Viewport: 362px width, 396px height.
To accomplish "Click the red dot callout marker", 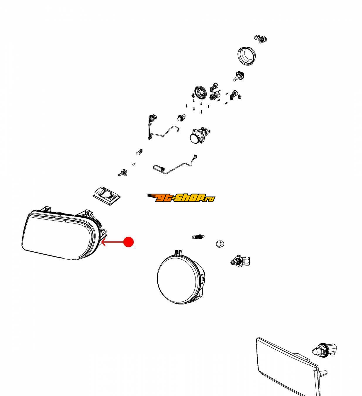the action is [128, 242].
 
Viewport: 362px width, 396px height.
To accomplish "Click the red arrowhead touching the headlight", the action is [103, 242].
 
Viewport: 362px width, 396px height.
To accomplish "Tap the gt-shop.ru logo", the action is [180, 198].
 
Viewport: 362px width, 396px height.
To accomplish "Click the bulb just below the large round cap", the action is [238, 76].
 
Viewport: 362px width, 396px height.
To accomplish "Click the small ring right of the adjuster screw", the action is [220, 244].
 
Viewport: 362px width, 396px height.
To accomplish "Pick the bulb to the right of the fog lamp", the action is [241, 261].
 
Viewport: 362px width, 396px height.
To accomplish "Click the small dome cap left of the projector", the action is [181, 118].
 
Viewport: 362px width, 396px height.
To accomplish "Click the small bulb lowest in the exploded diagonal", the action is [122, 173].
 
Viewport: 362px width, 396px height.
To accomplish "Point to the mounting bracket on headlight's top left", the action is [46, 209].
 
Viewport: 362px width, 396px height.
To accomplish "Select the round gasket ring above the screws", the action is [200, 92].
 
